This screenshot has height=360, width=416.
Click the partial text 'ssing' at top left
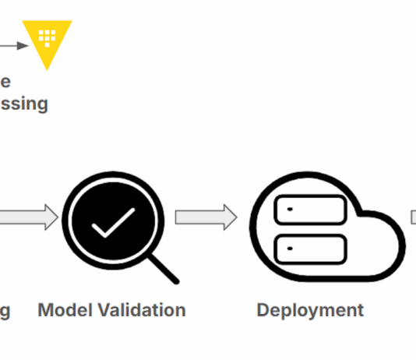pos(23,104)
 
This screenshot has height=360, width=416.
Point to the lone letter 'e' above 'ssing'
pos(5,81)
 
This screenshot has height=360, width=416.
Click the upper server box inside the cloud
pos(311,210)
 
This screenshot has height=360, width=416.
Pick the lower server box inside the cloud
pos(311,249)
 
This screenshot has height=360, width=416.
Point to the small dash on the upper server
pos(290,210)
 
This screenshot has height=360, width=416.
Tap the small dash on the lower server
pos(290,249)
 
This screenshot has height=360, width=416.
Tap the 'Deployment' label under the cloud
pos(310,310)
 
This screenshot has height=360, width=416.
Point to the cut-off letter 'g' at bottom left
pos(5,312)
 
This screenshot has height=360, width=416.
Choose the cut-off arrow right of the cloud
pos(413,217)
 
